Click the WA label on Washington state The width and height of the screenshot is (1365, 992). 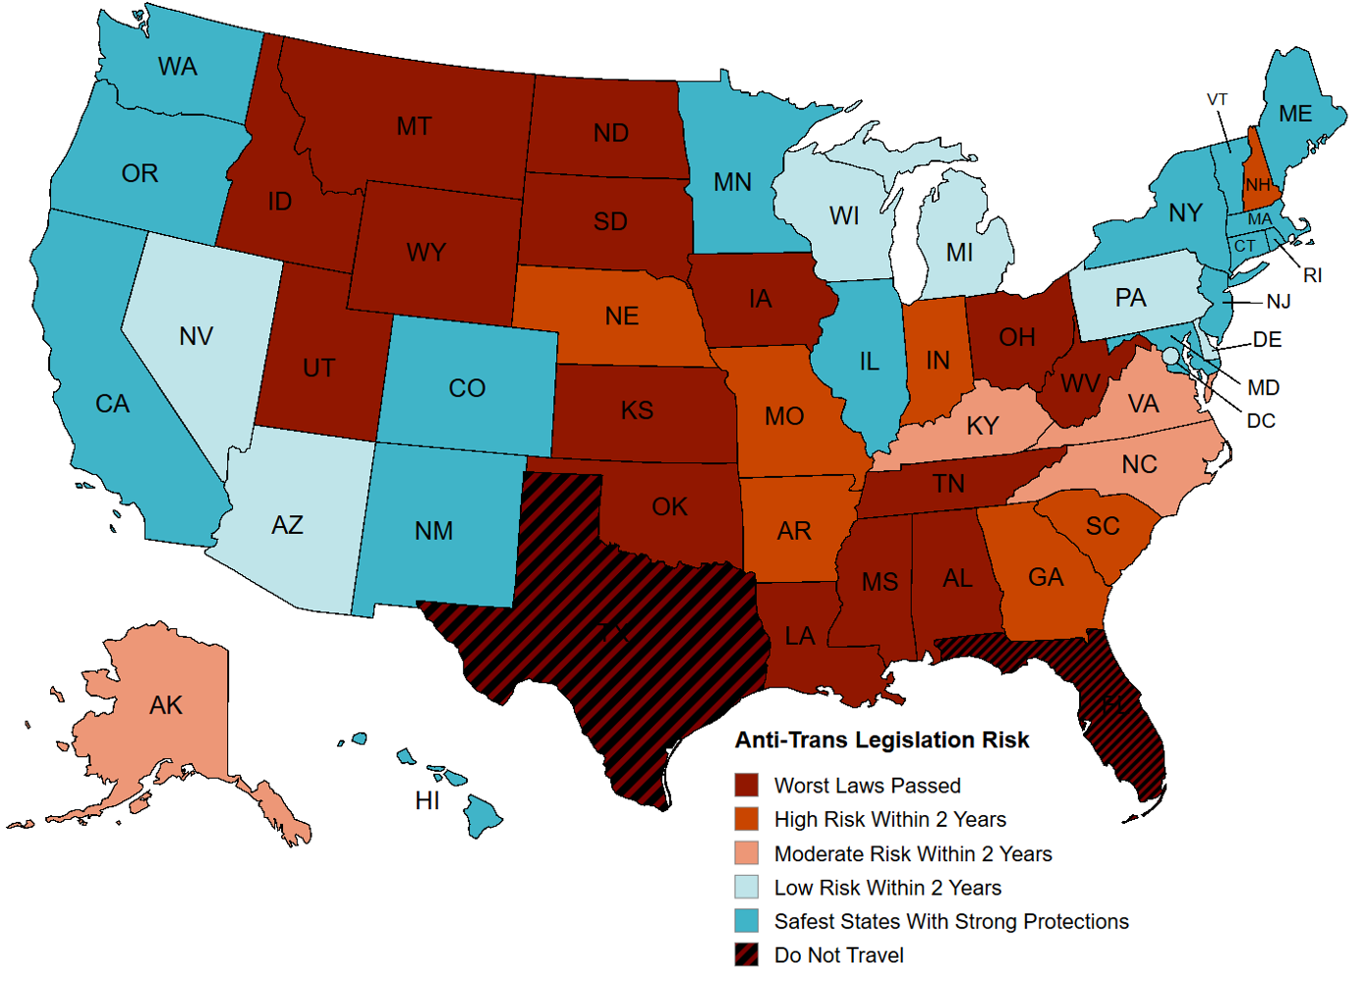[178, 67]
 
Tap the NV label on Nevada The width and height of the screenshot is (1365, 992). [196, 336]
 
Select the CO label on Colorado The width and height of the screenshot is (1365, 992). [467, 388]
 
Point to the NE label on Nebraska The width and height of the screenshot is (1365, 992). [621, 317]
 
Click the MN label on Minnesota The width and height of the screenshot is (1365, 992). [732, 183]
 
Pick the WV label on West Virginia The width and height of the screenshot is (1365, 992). [1080, 383]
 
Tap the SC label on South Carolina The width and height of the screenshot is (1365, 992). [1103, 527]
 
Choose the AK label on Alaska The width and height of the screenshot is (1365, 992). [166, 705]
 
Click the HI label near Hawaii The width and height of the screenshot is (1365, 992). [427, 801]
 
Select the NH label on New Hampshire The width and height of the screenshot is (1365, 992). [1258, 185]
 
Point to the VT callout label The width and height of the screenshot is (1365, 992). [1218, 99]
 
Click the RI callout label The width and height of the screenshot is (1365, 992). [1313, 275]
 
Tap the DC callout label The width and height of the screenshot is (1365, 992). [1261, 421]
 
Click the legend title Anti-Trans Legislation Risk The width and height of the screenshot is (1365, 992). [882, 740]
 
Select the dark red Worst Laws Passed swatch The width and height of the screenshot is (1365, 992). [747, 786]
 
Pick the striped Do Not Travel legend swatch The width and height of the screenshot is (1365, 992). [747, 955]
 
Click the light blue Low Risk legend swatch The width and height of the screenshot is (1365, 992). [747, 887]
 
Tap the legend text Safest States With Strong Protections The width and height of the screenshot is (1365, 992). [951, 921]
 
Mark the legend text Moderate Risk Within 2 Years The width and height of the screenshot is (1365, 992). [913, 853]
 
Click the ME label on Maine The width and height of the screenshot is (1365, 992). [1295, 114]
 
